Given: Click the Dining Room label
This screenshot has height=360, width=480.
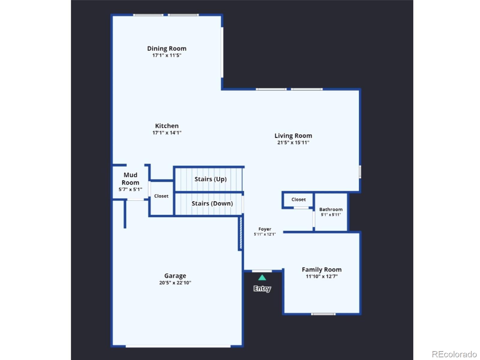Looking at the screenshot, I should click(x=166, y=48).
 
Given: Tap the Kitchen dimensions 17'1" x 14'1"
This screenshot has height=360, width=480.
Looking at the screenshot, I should click(x=167, y=133).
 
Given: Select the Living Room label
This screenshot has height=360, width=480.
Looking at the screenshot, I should click(x=293, y=136).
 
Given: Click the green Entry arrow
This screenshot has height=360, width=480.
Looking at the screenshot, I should click(x=262, y=277).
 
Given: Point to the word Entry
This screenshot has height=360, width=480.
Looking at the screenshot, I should click(x=262, y=288).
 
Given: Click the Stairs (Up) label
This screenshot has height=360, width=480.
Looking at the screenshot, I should click(x=210, y=179).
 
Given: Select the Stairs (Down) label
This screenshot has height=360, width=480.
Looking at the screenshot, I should click(x=212, y=203).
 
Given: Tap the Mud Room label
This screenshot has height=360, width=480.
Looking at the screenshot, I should click(x=130, y=178).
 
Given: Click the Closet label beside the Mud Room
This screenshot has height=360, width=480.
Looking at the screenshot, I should click(x=161, y=196).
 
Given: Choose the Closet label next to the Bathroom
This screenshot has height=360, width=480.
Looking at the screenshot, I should click(x=298, y=199).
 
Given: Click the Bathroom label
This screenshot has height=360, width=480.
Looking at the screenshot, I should click(x=331, y=209).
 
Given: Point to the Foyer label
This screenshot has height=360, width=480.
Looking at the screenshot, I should click(x=265, y=229).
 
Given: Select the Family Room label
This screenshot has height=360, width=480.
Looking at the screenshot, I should click(x=322, y=269).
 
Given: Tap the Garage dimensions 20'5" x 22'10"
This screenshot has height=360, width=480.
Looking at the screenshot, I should click(x=175, y=283).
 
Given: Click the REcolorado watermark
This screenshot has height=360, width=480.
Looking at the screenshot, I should click(x=454, y=354).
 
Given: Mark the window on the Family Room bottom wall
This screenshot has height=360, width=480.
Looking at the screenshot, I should click(x=323, y=314).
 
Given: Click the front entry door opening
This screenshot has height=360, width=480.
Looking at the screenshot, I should click(x=262, y=271).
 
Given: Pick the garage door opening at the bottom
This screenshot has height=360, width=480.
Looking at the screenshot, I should click(x=178, y=346).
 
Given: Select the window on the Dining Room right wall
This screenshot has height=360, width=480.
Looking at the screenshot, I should click(x=222, y=52).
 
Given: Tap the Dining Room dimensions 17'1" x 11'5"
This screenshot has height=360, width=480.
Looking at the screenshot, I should click(x=166, y=55).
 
